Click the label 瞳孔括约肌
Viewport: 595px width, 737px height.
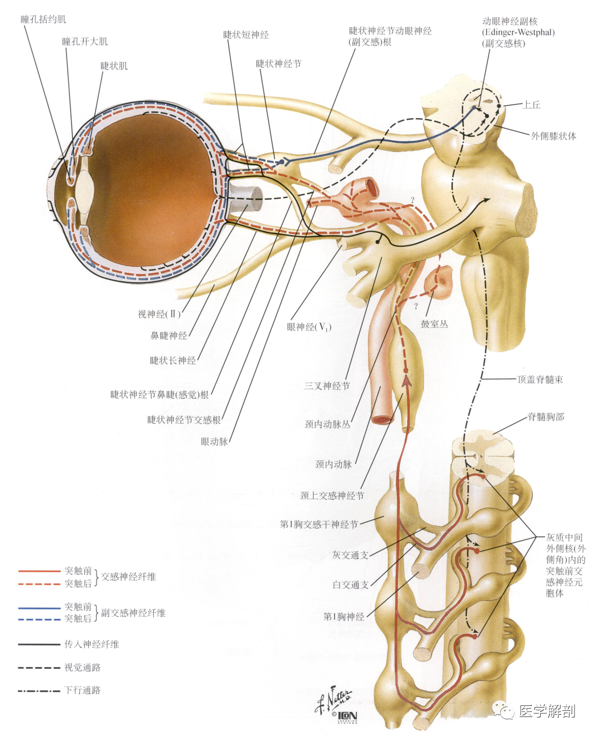coord(43,19)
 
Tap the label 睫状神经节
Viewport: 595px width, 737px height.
coord(279,64)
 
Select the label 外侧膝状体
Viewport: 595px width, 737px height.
coord(553,136)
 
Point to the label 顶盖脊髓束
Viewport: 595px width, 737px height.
coord(540,379)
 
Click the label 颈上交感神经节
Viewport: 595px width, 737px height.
coord(332,495)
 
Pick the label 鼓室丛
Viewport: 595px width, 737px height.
coord(434,324)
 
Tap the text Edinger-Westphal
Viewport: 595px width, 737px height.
coord(518,33)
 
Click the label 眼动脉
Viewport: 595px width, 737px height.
coord(214,441)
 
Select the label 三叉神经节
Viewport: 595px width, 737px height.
coord(327,386)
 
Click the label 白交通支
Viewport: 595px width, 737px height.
coord(351,584)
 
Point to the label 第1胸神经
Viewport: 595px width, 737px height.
coord(344,617)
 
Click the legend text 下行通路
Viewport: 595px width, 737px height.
coord(83,690)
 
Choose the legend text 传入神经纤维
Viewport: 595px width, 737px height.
coord(92,644)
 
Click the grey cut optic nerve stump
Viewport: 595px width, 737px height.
coord(245,199)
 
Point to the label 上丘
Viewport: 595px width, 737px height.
coord(531,105)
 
